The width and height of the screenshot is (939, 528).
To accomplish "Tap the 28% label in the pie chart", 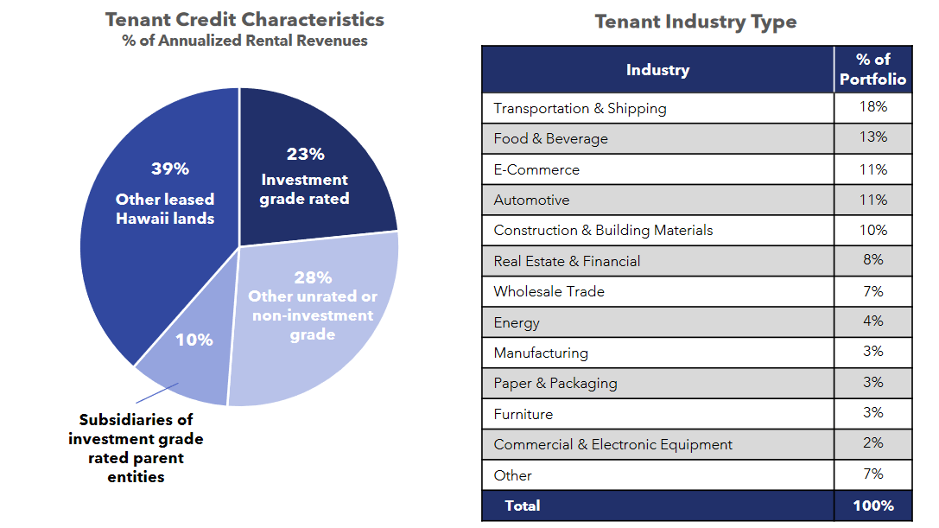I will [312, 277].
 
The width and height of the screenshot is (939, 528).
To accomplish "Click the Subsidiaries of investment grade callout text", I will [136, 448].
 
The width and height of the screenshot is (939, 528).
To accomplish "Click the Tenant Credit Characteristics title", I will [244, 20].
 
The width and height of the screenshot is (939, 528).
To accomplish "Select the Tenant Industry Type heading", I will [695, 22].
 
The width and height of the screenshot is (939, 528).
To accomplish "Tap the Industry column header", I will [657, 70].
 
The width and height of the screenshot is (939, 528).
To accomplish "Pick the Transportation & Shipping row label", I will [580, 108].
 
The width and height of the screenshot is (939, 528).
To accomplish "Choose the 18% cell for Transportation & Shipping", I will [872, 107].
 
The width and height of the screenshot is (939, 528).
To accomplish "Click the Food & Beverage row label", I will [550, 138].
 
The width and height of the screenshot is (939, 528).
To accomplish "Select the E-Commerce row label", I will [536, 169].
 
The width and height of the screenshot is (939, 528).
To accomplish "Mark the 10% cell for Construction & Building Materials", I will [872, 230].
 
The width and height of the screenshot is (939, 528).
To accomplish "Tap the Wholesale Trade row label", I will [549, 291].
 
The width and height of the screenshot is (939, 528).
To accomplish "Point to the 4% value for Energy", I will [872, 321].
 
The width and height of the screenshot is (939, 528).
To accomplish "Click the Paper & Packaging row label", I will [555, 383].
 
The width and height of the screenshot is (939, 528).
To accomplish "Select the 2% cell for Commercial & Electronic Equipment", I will [872, 443].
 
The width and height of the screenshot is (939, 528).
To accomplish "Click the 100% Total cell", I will [872, 506].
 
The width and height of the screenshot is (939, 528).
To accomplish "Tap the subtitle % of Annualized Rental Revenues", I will [244, 41].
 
